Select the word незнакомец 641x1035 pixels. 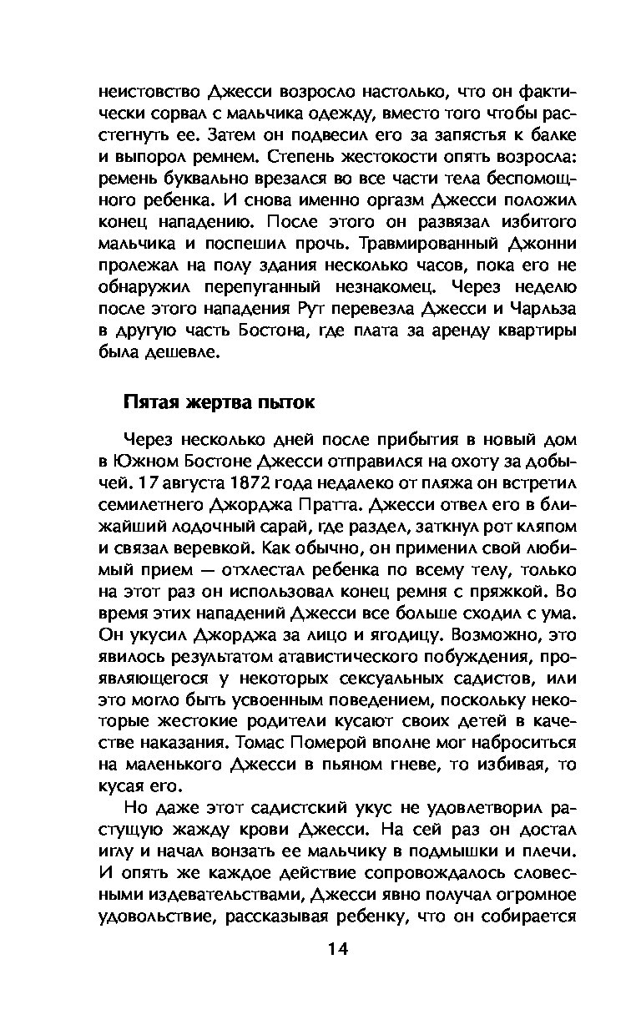(x=379, y=286)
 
